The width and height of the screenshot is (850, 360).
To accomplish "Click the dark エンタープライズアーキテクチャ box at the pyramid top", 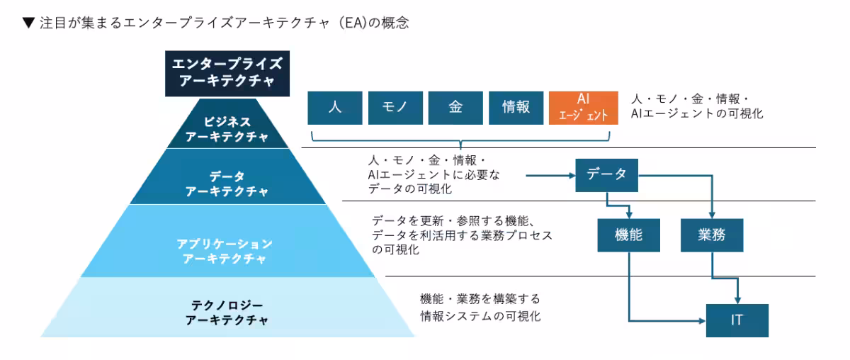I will [x=227, y=72].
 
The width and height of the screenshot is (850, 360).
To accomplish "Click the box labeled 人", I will [x=335, y=107].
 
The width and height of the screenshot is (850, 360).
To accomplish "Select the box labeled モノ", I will [x=395, y=107].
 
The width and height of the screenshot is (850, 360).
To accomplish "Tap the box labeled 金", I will [x=455, y=107].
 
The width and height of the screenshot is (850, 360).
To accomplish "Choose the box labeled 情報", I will [x=516, y=107].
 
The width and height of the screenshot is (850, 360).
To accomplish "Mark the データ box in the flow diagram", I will [x=606, y=174].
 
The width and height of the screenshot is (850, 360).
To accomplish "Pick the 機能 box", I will [x=628, y=235].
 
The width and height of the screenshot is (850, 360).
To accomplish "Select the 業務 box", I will [x=712, y=235].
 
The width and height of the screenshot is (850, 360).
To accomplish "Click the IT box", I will [x=737, y=320].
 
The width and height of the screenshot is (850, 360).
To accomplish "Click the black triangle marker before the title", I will [x=28, y=23].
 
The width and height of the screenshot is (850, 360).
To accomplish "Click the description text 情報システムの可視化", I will [x=480, y=316].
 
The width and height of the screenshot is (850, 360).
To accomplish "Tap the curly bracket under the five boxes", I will [x=460, y=137].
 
